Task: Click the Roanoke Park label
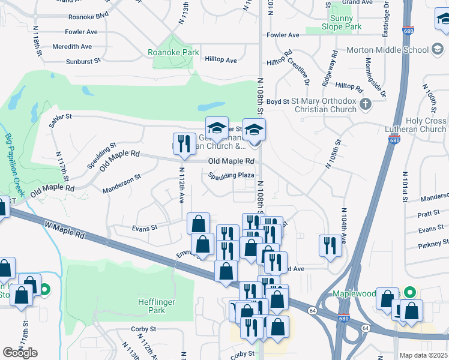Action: pos(173,52)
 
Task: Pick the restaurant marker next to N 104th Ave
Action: pos(330,246)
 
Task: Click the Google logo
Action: pos(20,352)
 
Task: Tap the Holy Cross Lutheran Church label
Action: pos(425,125)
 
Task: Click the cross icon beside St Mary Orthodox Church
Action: pos(367,106)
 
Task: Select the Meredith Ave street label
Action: pos(72,46)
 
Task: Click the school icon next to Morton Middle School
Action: pos(438,50)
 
